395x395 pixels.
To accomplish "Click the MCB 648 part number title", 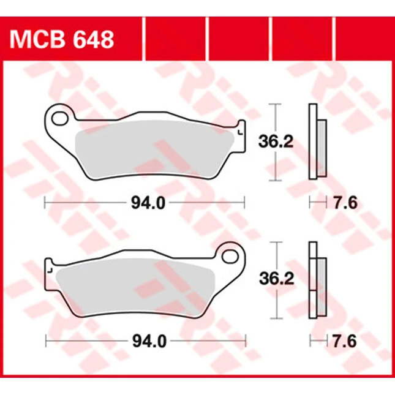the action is tap(62, 40).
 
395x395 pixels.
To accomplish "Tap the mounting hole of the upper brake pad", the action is tap(59, 119).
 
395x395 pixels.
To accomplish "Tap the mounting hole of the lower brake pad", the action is tap(230, 257).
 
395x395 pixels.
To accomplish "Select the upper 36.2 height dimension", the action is tap(276, 141).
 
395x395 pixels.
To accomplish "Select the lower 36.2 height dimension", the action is tap(277, 279).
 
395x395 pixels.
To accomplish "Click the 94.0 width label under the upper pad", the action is tap(148, 203).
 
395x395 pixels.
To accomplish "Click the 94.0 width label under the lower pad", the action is tap(149, 342).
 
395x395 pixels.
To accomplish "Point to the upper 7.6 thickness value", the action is tap(345, 203).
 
